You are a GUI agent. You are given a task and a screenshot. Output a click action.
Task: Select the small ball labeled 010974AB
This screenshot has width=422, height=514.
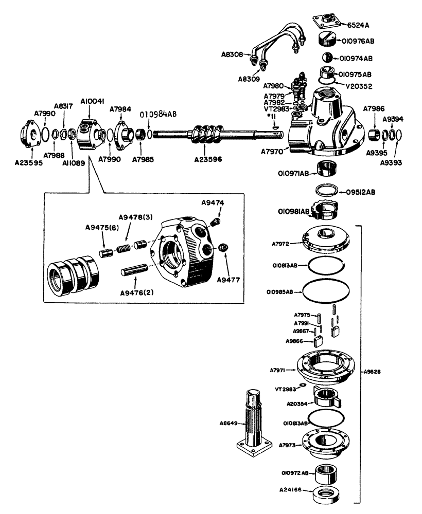pos(326,57)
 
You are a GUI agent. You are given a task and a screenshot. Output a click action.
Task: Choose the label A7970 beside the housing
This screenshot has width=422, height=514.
pos(273,152)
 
